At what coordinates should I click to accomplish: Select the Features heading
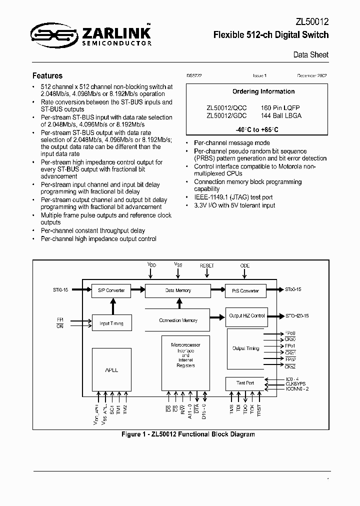click(47, 76)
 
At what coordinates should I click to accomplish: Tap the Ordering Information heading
click(263, 91)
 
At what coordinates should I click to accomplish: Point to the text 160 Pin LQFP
click(280, 108)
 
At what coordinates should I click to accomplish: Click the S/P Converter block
click(111, 290)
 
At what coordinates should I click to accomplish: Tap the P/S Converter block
click(245, 290)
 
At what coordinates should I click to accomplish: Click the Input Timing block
click(111, 323)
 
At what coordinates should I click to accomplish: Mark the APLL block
click(111, 370)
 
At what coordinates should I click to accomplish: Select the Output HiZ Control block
click(246, 316)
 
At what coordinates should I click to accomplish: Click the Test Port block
click(245, 383)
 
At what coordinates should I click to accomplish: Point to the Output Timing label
click(245, 348)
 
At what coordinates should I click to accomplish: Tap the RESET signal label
click(206, 265)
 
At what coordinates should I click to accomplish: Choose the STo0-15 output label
click(293, 289)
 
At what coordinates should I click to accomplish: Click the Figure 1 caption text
click(188, 434)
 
